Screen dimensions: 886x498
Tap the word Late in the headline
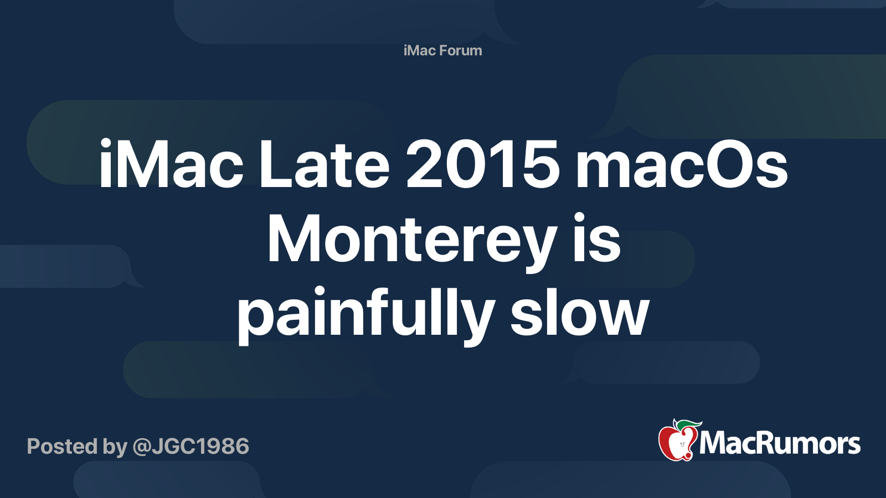[x=324, y=164]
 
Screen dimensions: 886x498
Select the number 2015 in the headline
[x=482, y=164]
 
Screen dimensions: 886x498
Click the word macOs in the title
[x=682, y=164]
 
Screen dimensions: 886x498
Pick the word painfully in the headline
[x=366, y=314]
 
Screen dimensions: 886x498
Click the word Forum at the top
[x=461, y=50]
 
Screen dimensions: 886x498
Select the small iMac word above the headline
[x=420, y=50]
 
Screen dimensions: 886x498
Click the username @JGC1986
[x=190, y=447]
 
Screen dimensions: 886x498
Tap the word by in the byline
[x=115, y=448]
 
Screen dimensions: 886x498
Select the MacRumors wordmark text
[x=780, y=443]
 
